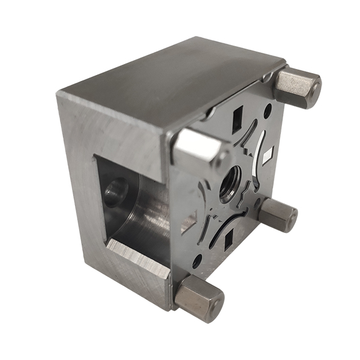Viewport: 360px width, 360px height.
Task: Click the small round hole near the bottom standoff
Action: click(196, 261)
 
